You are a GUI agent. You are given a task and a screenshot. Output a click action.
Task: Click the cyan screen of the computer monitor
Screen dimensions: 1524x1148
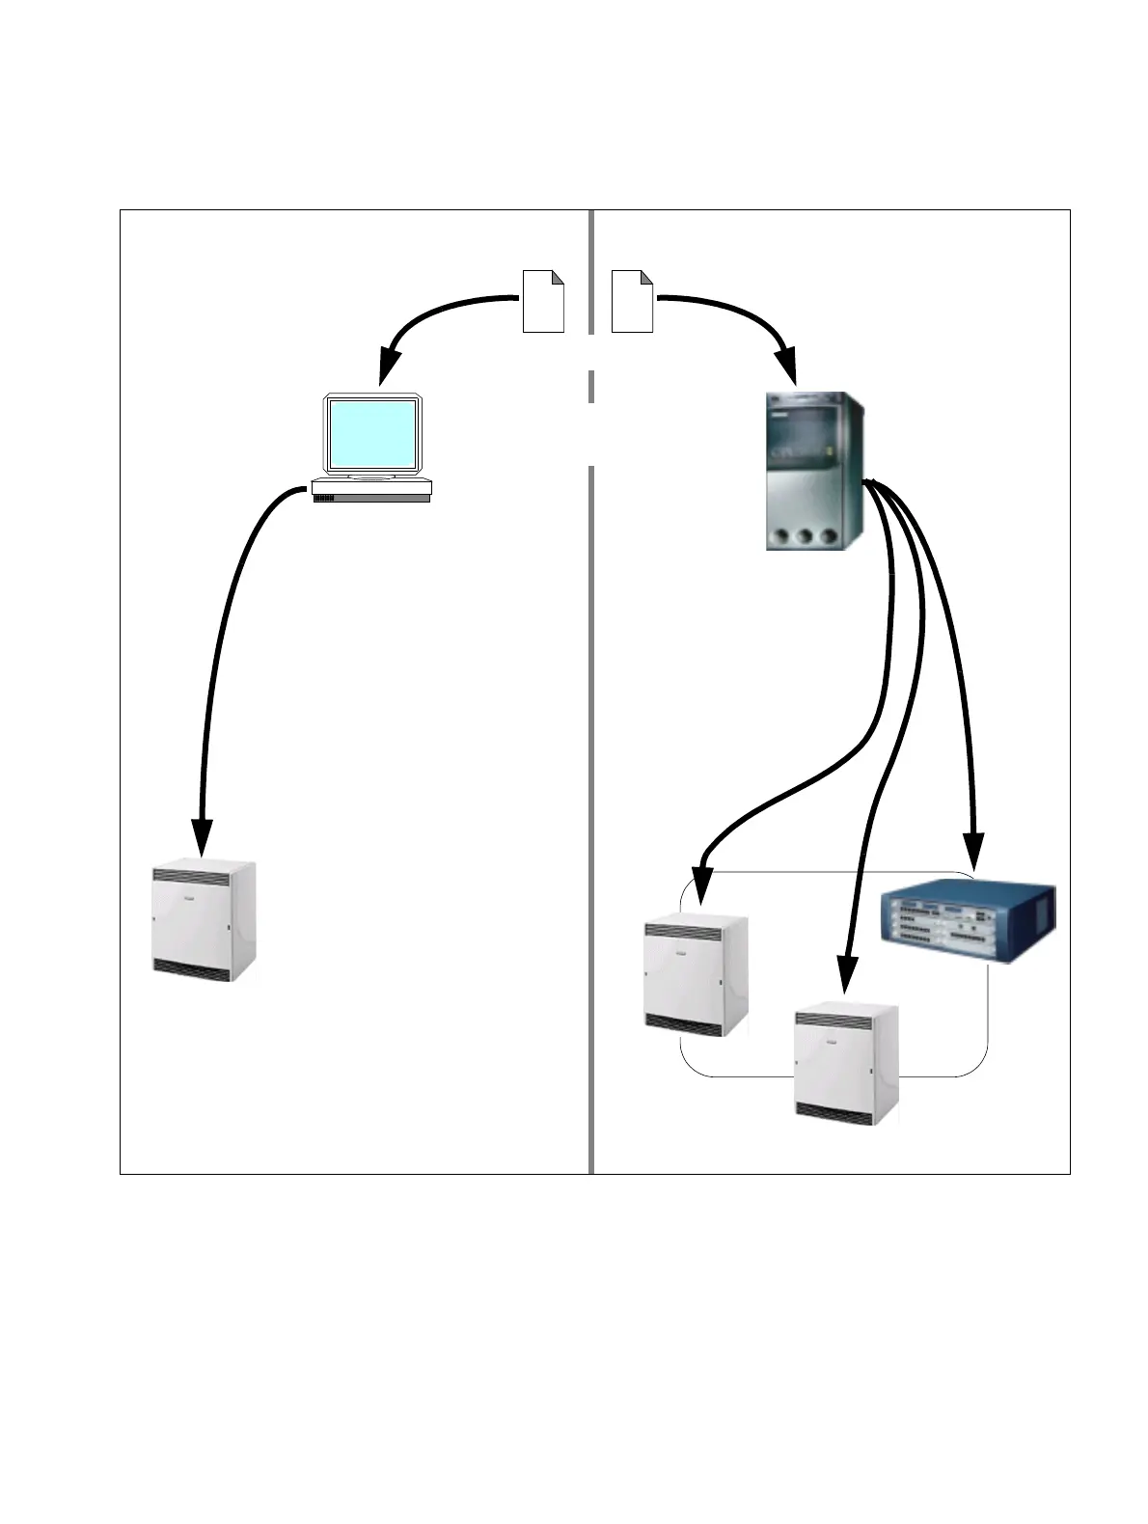pyautogui.click(x=372, y=433)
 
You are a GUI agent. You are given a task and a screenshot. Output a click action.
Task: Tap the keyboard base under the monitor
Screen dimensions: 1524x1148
pyautogui.click(x=371, y=491)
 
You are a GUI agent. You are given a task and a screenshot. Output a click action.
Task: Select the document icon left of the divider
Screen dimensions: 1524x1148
pyautogui.click(x=542, y=301)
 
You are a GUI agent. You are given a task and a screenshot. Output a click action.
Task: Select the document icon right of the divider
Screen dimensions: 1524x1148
pyautogui.click(x=633, y=301)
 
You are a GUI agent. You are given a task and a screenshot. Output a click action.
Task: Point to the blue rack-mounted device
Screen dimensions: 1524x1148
pyautogui.click(x=968, y=922)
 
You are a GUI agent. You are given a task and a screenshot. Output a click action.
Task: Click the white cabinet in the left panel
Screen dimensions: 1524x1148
pyautogui.click(x=205, y=921)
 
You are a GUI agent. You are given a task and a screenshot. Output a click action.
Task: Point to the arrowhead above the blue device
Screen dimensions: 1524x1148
pyautogui.click(x=973, y=849)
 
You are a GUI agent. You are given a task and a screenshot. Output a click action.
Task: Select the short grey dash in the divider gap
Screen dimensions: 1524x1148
pyautogui.click(x=590, y=386)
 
